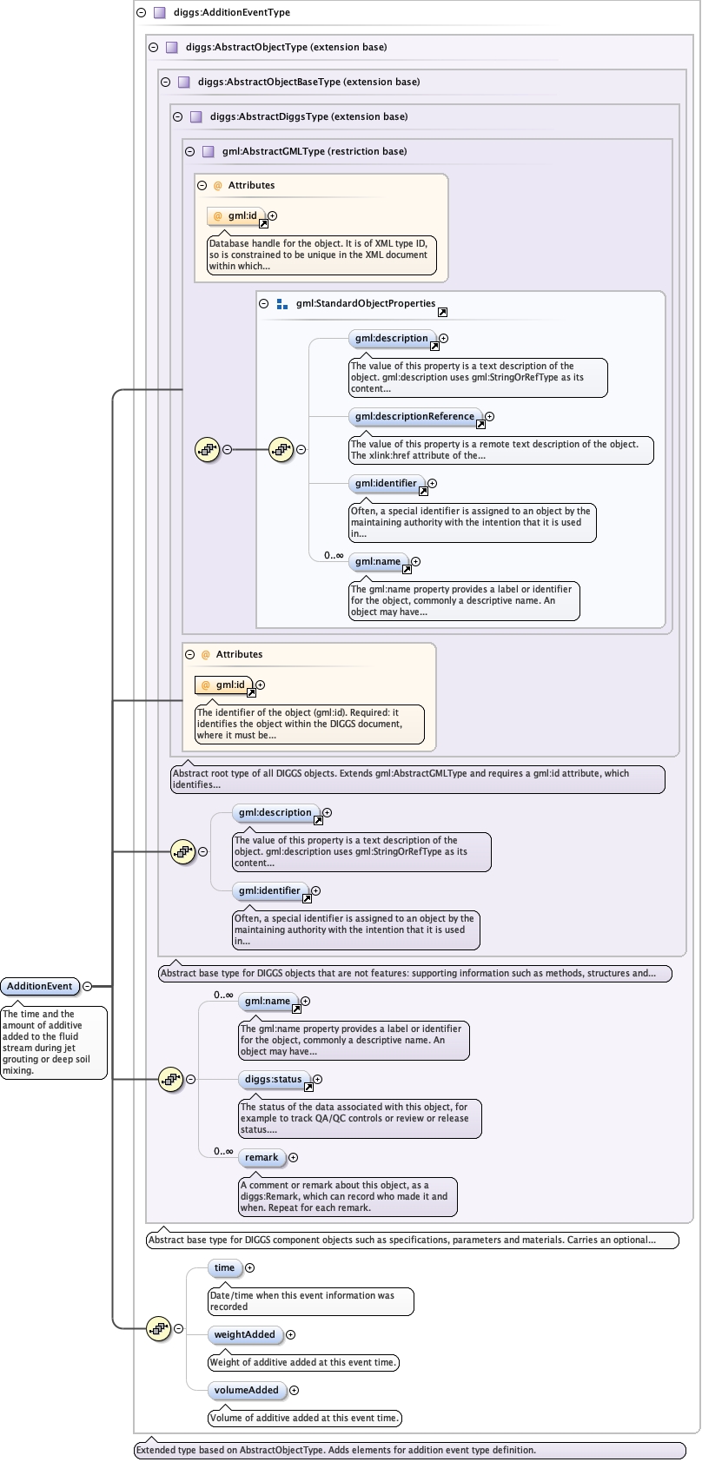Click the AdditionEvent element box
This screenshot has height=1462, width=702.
tap(40, 986)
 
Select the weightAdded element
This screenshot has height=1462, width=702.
tap(245, 1334)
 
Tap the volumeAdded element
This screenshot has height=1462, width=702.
tap(246, 1390)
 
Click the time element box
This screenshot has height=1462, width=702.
tap(225, 1267)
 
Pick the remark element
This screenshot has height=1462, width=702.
tap(262, 1157)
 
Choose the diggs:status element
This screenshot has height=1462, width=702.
tap(273, 1079)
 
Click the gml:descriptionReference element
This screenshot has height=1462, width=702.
tap(414, 416)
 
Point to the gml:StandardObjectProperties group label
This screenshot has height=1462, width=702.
tap(366, 303)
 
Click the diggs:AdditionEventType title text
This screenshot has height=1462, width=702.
tap(232, 12)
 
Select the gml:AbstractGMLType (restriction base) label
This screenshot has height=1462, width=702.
tap(315, 151)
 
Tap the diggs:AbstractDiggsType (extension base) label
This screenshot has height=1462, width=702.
tap(309, 116)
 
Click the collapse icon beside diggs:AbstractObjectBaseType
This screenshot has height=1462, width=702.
tap(165, 83)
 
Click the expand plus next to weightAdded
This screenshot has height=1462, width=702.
tap(290, 1334)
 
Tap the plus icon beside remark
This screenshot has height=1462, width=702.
tap(293, 1157)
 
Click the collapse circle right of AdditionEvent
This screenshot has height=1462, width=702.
tap(87, 986)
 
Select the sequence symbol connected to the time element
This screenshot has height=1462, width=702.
tap(159, 1328)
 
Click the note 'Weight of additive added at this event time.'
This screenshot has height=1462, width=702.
tap(302, 1362)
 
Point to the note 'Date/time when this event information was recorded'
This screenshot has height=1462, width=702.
tap(310, 1300)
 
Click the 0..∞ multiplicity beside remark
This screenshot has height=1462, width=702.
tap(223, 1151)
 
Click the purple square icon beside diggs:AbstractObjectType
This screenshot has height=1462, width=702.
tap(172, 47)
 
